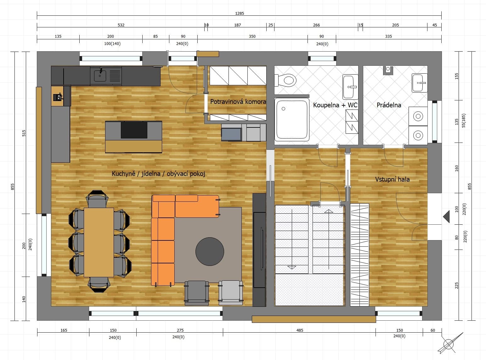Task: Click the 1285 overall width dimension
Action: pyautogui.click(x=240, y=13)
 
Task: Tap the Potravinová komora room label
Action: pyautogui.click(x=238, y=102)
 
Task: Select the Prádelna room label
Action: pyautogui.click(x=389, y=105)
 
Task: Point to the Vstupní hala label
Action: pyautogui.click(x=392, y=179)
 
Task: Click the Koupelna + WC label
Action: pyautogui.click(x=335, y=105)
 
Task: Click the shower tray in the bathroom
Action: pyautogui.click(x=292, y=120)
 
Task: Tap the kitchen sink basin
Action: pyautogui.click(x=100, y=76)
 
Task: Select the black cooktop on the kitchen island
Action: pyautogui.click(x=134, y=130)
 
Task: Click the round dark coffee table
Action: pyautogui.click(x=210, y=251)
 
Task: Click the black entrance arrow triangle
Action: pyautogui.click(x=446, y=217)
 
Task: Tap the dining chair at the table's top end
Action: pyautogui.click(x=97, y=199)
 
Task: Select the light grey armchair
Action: pyautogui.click(x=230, y=293)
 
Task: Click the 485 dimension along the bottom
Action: pyautogui.click(x=300, y=330)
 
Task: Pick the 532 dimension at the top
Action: pyautogui.click(x=121, y=25)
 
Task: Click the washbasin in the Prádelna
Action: pyautogui.click(x=419, y=83)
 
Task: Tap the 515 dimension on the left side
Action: pyautogui.click(x=24, y=133)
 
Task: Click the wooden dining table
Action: pyautogui.click(x=99, y=242)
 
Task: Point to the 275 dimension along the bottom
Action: pyautogui.click(x=180, y=330)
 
